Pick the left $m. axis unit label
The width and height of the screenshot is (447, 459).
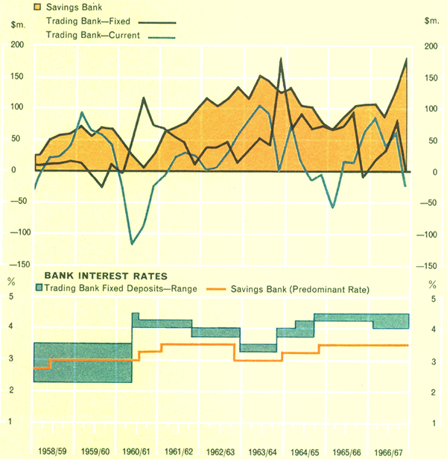tap(17, 25)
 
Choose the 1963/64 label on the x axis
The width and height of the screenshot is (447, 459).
tap(262, 452)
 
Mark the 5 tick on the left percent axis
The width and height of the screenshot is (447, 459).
tap(10, 297)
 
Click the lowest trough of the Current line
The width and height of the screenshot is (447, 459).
tap(133, 244)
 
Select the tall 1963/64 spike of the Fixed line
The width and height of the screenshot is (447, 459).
tap(281, 58)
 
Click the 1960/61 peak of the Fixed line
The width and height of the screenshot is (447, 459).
tap(144, 98)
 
